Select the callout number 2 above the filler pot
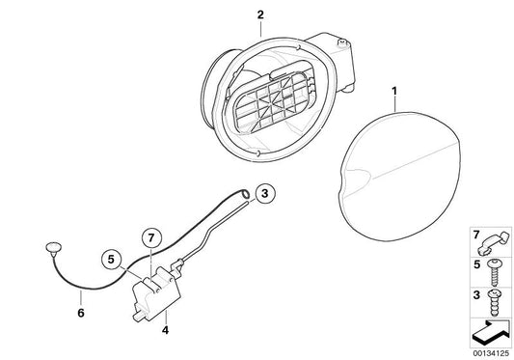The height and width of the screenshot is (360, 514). point(232,14)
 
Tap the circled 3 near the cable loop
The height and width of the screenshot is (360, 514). point(267,195)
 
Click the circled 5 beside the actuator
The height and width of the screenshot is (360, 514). point(112,259)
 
